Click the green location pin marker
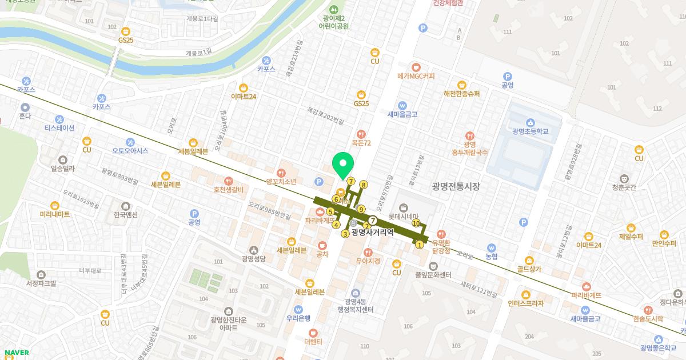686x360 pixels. coord(343,165)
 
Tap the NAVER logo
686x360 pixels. coord(16,353)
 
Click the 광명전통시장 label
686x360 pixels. coord(456,186)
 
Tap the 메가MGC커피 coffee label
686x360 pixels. coord(416,76)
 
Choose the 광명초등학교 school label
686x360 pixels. coord(530,131)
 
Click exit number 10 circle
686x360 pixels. coord(416,223)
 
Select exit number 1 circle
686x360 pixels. coord(420,245)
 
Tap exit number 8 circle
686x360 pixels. coord(363,185)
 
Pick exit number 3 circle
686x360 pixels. coord(345,234)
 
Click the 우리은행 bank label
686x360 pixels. coord(298,318)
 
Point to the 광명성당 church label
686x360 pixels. coord(254,258)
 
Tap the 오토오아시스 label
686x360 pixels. coord(130,151)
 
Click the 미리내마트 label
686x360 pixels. coord(55,214)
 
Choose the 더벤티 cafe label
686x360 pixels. coord(313,342)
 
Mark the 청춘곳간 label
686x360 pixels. coord(624,187)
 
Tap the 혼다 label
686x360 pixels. coord(25,115)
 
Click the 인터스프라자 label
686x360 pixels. coord(525,303)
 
